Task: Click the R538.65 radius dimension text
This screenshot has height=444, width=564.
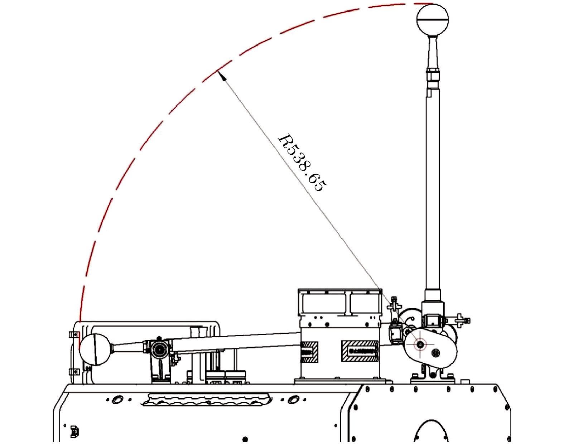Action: click(302, 163)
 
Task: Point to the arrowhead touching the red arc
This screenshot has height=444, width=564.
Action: click(222, 76)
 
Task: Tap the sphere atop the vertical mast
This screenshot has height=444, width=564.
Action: click(433, 20)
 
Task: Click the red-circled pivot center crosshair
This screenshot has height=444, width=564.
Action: click(420, 344)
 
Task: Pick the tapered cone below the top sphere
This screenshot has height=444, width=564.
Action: click(433, 52)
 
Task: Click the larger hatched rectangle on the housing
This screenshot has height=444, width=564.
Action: click(360, 351)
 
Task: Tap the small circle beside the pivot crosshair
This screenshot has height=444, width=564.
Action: click(435, 353)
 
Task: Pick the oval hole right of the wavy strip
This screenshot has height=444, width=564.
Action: click(293, 400)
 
